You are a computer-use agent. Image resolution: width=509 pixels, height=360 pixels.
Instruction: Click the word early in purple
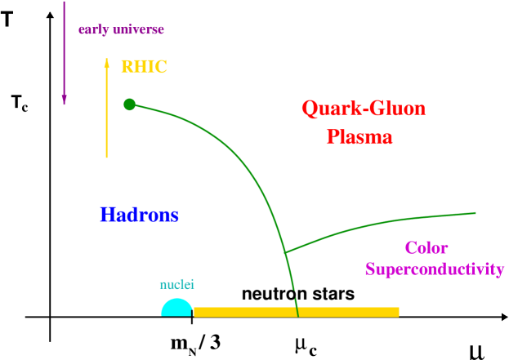tap(92, 30)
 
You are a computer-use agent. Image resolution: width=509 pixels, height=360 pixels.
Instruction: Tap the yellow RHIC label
tap(144, 68)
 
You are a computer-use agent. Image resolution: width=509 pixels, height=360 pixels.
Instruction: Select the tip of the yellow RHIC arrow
tap(106, 59)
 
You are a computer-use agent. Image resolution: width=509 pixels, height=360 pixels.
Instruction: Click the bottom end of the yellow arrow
tap(106, 157)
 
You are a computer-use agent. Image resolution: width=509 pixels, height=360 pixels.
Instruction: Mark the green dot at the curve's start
tap(129, 104)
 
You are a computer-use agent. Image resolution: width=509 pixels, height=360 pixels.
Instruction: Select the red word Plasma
tap(359, 137)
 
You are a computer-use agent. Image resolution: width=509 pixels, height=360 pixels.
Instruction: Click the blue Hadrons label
tap(139, 216)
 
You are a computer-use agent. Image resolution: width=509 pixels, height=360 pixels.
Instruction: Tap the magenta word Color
tap(426, 248)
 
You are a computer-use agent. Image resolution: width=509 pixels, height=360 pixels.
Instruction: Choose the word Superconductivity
tap(434, 269)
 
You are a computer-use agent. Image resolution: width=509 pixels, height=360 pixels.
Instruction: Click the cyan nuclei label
tap(176, 285)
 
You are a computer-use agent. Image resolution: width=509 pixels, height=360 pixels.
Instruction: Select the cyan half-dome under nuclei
tap(176, 309)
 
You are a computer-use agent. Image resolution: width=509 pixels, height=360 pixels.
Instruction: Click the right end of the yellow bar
tap(398, 312)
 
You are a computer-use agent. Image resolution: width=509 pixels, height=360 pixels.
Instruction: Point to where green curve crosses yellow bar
tap(297, 312)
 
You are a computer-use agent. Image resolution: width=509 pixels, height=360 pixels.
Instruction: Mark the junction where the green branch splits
tap(285, 252)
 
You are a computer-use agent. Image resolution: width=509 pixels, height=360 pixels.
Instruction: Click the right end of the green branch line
tap(476, 213)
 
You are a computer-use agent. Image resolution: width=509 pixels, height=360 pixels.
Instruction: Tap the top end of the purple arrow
tap(65, 2)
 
